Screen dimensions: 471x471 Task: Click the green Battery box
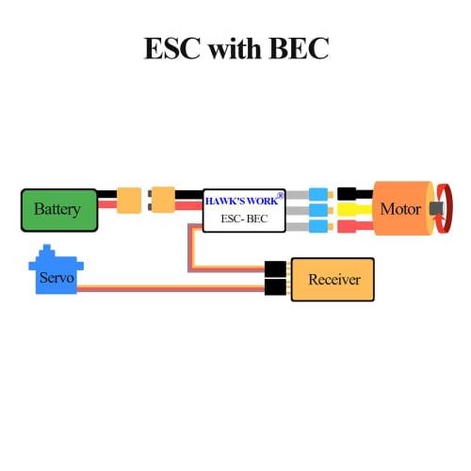pos(58,209)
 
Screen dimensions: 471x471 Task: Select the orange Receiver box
pos(333,280)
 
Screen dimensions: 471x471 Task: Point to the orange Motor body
pos(400,208)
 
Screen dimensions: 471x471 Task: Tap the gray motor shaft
pos(435,208)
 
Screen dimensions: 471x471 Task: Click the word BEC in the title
pos(294,49)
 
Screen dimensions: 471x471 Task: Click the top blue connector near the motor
pos(319,192)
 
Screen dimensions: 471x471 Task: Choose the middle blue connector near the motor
pos(319,209)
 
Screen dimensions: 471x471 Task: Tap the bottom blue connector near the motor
pos(319,226)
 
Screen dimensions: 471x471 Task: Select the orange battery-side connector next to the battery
pos(128,201)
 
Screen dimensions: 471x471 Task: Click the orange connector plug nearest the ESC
pos(166,201)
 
